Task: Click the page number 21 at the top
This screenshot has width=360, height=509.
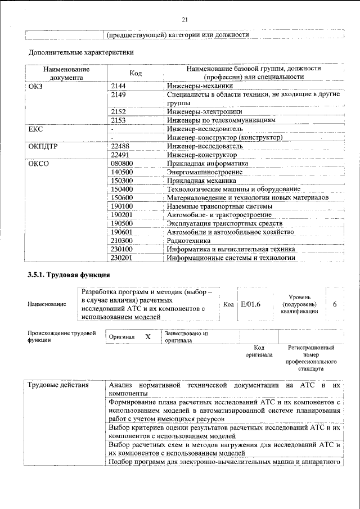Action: (x=184, y=20)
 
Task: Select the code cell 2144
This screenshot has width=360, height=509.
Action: (x=119, y=86)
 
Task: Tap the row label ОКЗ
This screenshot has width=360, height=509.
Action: (x=35, y=86)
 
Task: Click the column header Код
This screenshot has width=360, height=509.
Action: (x=135, y=73)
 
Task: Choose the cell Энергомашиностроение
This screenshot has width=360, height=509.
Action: (x=205, y=172)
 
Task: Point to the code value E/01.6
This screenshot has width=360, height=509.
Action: (x=251, y=304)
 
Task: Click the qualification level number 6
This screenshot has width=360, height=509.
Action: (x=335, y=304)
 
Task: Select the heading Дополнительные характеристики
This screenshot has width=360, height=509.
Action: (x=81, y=53)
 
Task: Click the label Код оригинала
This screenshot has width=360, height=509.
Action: (x=259, y=352)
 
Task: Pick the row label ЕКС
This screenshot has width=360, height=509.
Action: (x=35, y=129)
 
